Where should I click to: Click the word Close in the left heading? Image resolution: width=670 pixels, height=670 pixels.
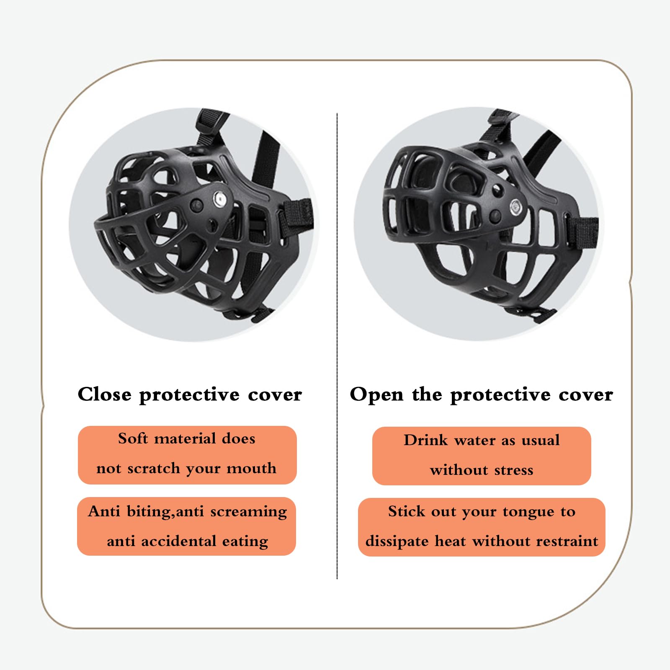click(x=105, y=394)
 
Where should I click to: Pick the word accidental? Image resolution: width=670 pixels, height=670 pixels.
click(x=179, y=541)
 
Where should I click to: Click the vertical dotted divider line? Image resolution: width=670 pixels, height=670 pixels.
click(x=337, y=346)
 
